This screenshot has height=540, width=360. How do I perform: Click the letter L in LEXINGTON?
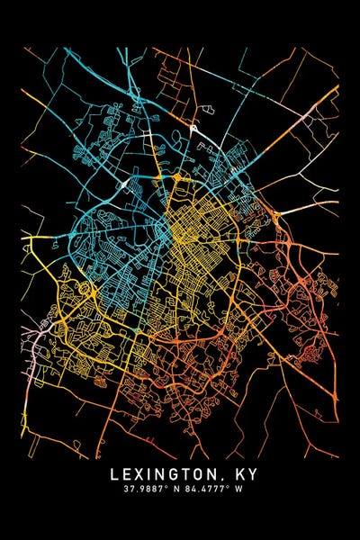(x=113, y=474)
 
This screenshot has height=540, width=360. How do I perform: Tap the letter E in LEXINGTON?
(x=128, y=474)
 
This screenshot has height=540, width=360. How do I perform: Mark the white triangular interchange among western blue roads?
(x=123, y=186)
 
